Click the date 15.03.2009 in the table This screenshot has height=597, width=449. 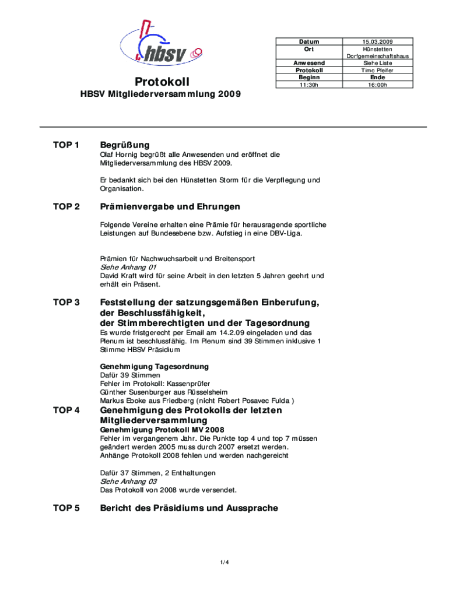pos(377,41)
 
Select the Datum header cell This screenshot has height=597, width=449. pos(310,41)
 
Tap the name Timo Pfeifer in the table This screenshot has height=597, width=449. pos(377,70)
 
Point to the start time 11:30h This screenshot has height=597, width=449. pos(310,85)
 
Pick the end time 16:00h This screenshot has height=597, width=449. pos(377,85)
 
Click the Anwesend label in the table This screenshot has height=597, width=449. pos(310,63)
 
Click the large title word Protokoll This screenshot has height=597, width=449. pos(162,81)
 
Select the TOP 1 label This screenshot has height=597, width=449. pos(66,145)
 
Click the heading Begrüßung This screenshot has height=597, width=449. pos(125,145)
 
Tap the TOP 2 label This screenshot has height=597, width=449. pos(66,207)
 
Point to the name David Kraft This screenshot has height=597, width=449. pos(117,276)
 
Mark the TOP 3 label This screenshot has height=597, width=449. pos(66,303)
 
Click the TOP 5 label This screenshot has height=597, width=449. pos(66,508)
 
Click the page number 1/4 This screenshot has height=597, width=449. pos(224,562)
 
